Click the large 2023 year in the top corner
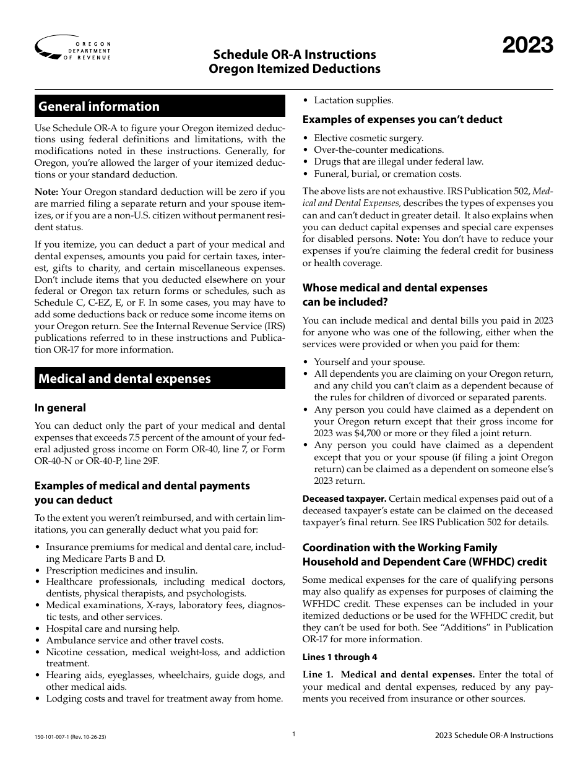tap(527, 46)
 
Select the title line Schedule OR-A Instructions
tap(294, 55)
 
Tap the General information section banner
tap(160, 106)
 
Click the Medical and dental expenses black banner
tap(160, 379)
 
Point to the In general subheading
tap(60, 408)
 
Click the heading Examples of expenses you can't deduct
tap(402, 119)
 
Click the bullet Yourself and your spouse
tap(370, 362)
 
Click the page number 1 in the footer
tap(294, 734)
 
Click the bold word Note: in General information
tap(46, 192)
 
